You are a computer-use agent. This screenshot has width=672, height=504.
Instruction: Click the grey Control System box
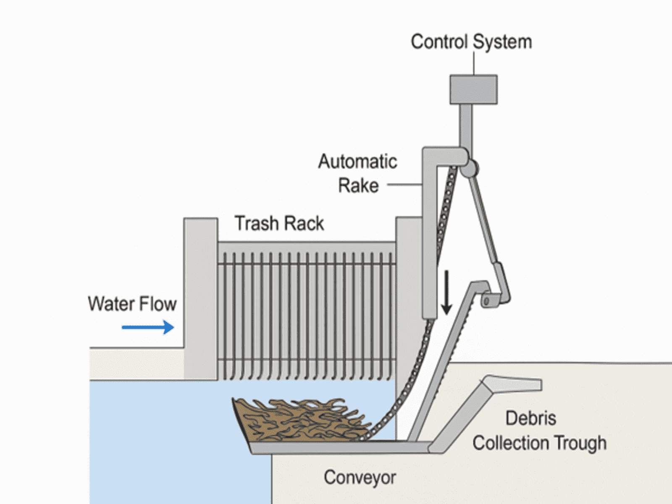pos(473,89)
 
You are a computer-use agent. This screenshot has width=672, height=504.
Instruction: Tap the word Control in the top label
pos(439,42)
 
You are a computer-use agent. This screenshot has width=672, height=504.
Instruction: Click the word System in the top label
pos(502,42)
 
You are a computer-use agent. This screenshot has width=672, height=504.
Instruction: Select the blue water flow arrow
pos(148,327)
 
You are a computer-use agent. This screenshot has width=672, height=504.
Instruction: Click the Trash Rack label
pos(279,223)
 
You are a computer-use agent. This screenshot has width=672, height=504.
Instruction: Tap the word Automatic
pos(357,162)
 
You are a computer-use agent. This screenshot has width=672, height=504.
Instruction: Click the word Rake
pos(358,186)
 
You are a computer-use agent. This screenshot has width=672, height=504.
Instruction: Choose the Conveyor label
pos(360,478)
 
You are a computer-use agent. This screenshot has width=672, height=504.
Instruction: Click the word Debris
pos(531,418)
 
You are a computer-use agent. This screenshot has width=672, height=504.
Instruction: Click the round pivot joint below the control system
pos(469,168)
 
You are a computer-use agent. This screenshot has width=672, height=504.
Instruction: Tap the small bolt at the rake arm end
pos(486,301)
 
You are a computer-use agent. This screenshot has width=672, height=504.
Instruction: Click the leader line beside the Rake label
pos(404,184)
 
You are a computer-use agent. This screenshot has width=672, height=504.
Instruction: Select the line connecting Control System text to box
pos(474,64)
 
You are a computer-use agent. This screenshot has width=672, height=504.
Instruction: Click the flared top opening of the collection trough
pos(513,383)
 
